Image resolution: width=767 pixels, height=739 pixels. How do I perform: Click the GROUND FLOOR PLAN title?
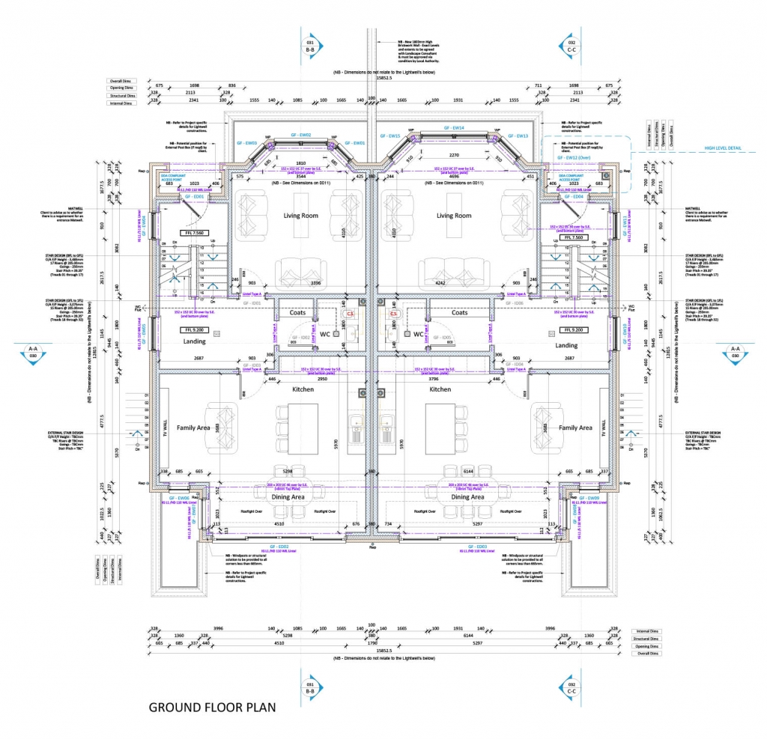pyautogui.click(x=213, y=706)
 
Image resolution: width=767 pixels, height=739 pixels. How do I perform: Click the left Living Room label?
pyautogui.click(x=300, y=216)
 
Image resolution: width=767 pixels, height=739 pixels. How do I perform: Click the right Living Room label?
pyautogui.click(x=454, y=216)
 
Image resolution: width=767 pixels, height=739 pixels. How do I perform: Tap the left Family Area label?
pyautogui.click(x=193, y=428)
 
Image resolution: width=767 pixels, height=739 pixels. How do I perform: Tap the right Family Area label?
pyautogui.click(x=575, y=428)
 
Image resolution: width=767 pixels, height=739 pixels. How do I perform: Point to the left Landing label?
pyautogui.click(x=194, y=341)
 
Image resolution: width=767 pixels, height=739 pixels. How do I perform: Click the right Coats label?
pyautogui.click(x=459, y=312)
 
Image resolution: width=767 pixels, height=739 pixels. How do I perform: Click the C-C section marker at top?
pyautogui.click(x=572, y=47)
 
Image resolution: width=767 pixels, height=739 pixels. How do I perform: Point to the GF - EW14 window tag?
pyautogui.click(x=457, y=128)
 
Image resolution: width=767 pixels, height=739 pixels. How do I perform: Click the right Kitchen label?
pyautogui.click(x=440, y=389)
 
